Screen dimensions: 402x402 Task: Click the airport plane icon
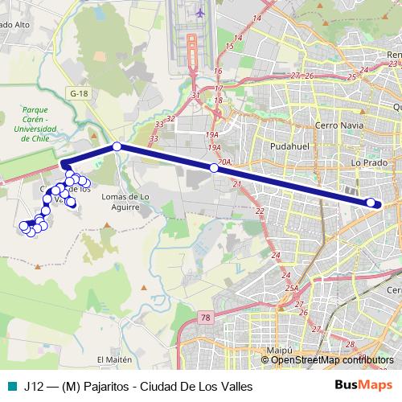click(x=200, y=13)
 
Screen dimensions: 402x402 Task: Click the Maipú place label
click(x=277, y=351)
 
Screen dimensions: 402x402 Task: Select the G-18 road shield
click(x=78, y=93)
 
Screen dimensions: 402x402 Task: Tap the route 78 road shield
click(x=206, y=317)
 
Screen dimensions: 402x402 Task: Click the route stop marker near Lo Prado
click(x=371, y=203)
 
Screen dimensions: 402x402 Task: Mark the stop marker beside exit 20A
click(x=214, y=168)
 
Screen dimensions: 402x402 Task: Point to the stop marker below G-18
click(x=117, y=146)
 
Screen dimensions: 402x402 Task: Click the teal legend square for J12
click(x=11, y=386)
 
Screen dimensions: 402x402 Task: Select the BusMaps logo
click(x=364, y=385)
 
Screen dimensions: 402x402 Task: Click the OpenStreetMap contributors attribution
click(x=332, y=360)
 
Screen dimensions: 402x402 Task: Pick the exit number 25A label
click(x=290, y=287)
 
